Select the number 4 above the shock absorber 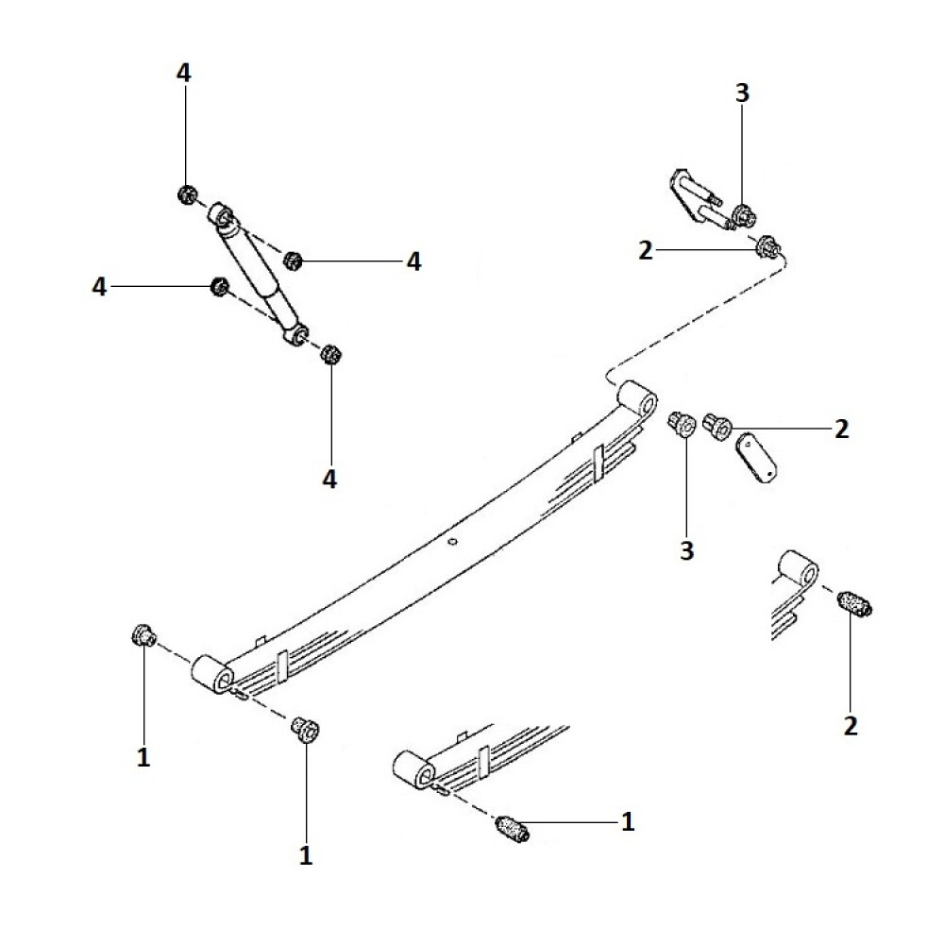tap(184, 74)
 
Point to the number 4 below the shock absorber tap(329, 480)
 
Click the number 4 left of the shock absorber tap(100, 286)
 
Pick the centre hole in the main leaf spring tap(452, 542)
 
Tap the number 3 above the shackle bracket tap(742, 93)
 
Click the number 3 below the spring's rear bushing tap(686, 549)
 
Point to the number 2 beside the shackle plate tap(841, 430)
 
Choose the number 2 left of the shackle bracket tap(646, 250)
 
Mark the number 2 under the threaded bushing tap(851, 725)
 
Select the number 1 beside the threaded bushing tap(628, 822)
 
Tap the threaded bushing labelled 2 tap(856, 603)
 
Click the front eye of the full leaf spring tap(212, 675)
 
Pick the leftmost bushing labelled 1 tap(143, 635)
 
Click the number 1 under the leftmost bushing tap(143, 758)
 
